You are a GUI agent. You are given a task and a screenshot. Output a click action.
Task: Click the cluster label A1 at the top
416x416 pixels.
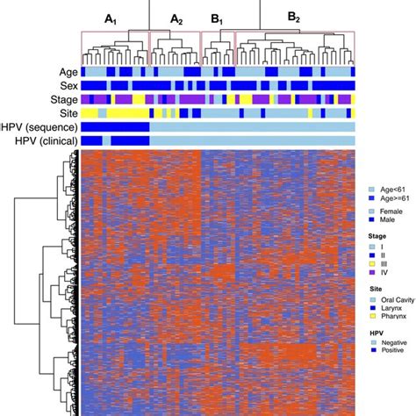111,18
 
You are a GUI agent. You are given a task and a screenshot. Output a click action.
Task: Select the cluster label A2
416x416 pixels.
176,18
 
